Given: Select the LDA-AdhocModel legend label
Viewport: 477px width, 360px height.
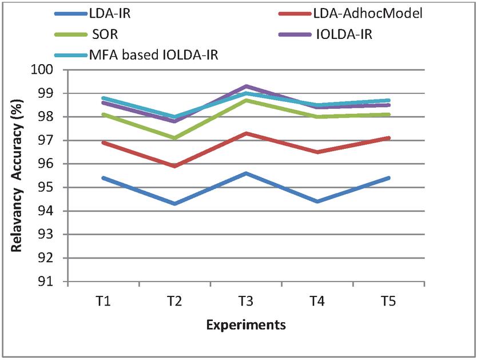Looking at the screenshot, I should pos(372,13).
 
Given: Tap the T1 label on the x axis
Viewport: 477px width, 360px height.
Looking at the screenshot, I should pos(104,300).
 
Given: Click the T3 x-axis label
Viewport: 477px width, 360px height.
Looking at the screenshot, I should pos(246,300).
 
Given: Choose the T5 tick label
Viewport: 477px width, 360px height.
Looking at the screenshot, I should pos(388,300).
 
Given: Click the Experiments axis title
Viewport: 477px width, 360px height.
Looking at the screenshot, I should pos(246,326).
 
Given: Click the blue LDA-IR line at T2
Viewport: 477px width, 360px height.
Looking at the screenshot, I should pos(174,204).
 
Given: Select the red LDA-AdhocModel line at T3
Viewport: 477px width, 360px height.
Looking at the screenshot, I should pos(246,133).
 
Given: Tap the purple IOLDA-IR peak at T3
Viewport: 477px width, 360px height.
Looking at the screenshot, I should pos(246,86).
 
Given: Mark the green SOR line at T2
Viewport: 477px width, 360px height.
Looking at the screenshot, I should pos(174,138).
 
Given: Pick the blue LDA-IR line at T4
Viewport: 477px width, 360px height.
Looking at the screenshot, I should pos(317,201).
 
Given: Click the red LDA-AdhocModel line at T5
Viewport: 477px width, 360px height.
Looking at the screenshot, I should pos(388,138).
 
